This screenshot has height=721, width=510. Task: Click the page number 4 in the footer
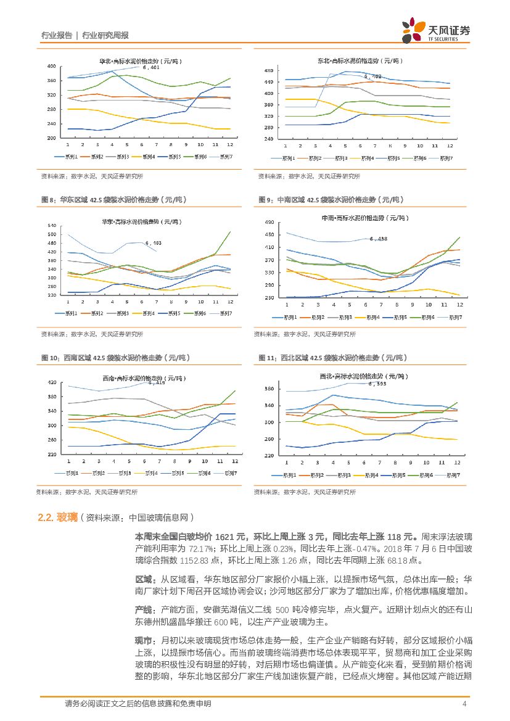pyautogui.click(x=463, y=704)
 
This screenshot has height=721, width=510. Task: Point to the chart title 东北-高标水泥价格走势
pyautogui.click(x=360, y=61)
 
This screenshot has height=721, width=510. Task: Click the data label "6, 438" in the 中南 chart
pyautogui.click(x=378, y=239)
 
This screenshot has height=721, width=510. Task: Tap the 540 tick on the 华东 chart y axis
pyautogui.click(x=51, y=226)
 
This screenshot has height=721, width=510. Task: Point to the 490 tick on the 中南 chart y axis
pyautogui.click(x=269, y=222)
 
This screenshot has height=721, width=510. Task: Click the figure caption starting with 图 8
pyautogui.click(x=113, y=200)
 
